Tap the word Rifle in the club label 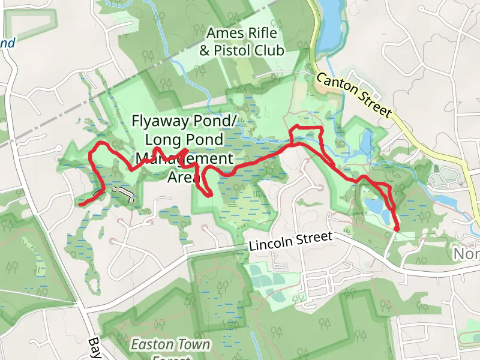pyautogui.click(x=259, y=33)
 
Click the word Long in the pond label pyautogui.click(x=163, y=140)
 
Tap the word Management pyautogui.click(x=184, y=159)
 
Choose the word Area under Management pyautogui.click(x=182, y=177)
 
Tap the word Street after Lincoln pyautogui.click(x=314, y=238)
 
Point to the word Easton pyautogui.click(x=151, y=345)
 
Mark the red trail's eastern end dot pyautogui.click(x=397, y=227)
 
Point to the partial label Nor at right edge pyautogui.click(x=466, y=254)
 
